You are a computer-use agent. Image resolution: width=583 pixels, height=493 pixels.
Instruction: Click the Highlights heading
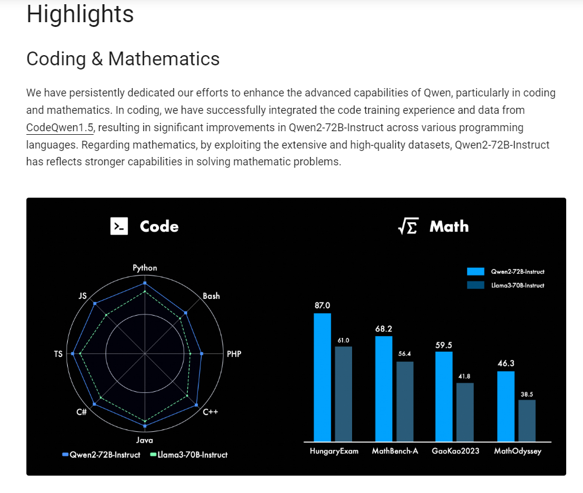click(x=80, y=14)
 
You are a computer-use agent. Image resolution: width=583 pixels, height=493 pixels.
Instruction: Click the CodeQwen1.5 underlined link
click(x=60, y=128)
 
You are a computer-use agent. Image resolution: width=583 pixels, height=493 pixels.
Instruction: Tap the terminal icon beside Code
click(x=119, y=226)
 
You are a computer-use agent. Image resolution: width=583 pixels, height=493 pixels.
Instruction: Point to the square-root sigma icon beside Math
click(x=408, y=226)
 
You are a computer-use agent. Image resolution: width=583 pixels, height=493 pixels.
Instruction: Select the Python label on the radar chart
click(x=145, y=268)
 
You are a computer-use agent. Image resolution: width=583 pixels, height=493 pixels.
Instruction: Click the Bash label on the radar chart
click(x=211, y=296)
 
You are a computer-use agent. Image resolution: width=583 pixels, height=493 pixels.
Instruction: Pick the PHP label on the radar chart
click(x=234, y=354)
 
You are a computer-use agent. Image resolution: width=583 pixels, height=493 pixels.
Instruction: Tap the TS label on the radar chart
click(x=58, y=354)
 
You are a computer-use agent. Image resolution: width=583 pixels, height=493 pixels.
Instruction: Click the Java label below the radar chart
click(x=145, y=440)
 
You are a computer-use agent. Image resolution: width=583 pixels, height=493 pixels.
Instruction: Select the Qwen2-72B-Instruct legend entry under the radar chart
click(x=101, y=455)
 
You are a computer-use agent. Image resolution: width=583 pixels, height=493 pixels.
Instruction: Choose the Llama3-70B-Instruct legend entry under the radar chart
click(x=189, y=455)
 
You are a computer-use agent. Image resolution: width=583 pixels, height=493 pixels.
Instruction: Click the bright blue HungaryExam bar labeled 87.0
click(x=322, y=377)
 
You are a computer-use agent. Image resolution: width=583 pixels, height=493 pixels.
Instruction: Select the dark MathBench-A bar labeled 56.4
click(x=405, y=401)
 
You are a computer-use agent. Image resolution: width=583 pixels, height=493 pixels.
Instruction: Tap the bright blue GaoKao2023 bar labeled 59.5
click(x=444, y=397)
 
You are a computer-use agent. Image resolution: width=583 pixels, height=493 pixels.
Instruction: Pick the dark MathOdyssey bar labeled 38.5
click(x=527, y=421)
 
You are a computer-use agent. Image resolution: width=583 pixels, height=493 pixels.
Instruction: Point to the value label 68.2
click(x=384, y=329)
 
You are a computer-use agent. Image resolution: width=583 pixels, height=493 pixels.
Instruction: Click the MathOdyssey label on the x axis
click(x=517, y=451)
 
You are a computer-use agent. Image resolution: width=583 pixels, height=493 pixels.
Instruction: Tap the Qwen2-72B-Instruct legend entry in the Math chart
click(x=506, y=272)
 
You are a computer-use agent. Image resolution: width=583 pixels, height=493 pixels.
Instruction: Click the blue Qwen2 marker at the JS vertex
click(x=95, y=304)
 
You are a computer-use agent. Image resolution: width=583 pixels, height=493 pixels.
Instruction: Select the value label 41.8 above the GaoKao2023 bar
click(x=464, y=376)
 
